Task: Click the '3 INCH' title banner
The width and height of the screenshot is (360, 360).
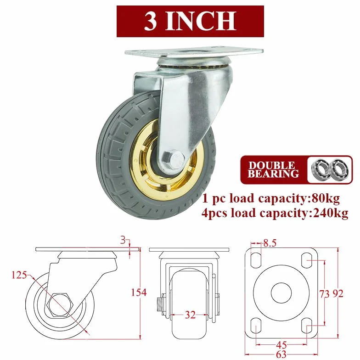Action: click(x=190, y=21)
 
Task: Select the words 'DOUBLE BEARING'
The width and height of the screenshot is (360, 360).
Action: click(x=273, y=170)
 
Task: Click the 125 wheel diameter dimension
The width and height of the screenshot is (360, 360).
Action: click(x=19, y=275)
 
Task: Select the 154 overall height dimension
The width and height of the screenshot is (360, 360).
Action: click(x=139, y=292)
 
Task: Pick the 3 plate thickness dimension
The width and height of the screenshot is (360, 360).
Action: click(x=123, y=241)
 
